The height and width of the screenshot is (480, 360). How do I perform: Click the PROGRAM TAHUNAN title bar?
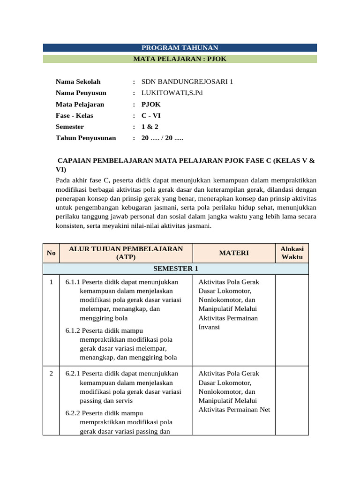[180, 48]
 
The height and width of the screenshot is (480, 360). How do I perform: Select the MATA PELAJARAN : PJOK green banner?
[180, 59]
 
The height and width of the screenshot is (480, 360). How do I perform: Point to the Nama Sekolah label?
[78, 82]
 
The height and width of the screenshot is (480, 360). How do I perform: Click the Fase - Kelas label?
[74, 115]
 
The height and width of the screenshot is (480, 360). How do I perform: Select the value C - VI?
[151, 115]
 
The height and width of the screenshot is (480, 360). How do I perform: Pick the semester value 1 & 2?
[150, 127]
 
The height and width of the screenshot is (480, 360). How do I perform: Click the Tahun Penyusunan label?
[86, 138]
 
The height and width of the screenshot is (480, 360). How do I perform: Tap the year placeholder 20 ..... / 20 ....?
[162, 138]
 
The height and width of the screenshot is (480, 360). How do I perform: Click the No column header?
[51, 253]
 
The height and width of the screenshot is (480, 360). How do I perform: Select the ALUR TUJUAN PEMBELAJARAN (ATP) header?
[126, 253]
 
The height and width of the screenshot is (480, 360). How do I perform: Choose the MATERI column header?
[234, 253]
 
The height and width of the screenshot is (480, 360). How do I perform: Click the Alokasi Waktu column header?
[292, 253]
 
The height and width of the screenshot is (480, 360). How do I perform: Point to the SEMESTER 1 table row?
[176, 269]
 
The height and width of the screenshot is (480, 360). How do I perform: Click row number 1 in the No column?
[51, 282]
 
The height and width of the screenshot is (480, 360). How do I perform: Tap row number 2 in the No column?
[51, 374]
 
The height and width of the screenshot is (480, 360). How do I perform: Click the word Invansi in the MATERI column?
[209, 327]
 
